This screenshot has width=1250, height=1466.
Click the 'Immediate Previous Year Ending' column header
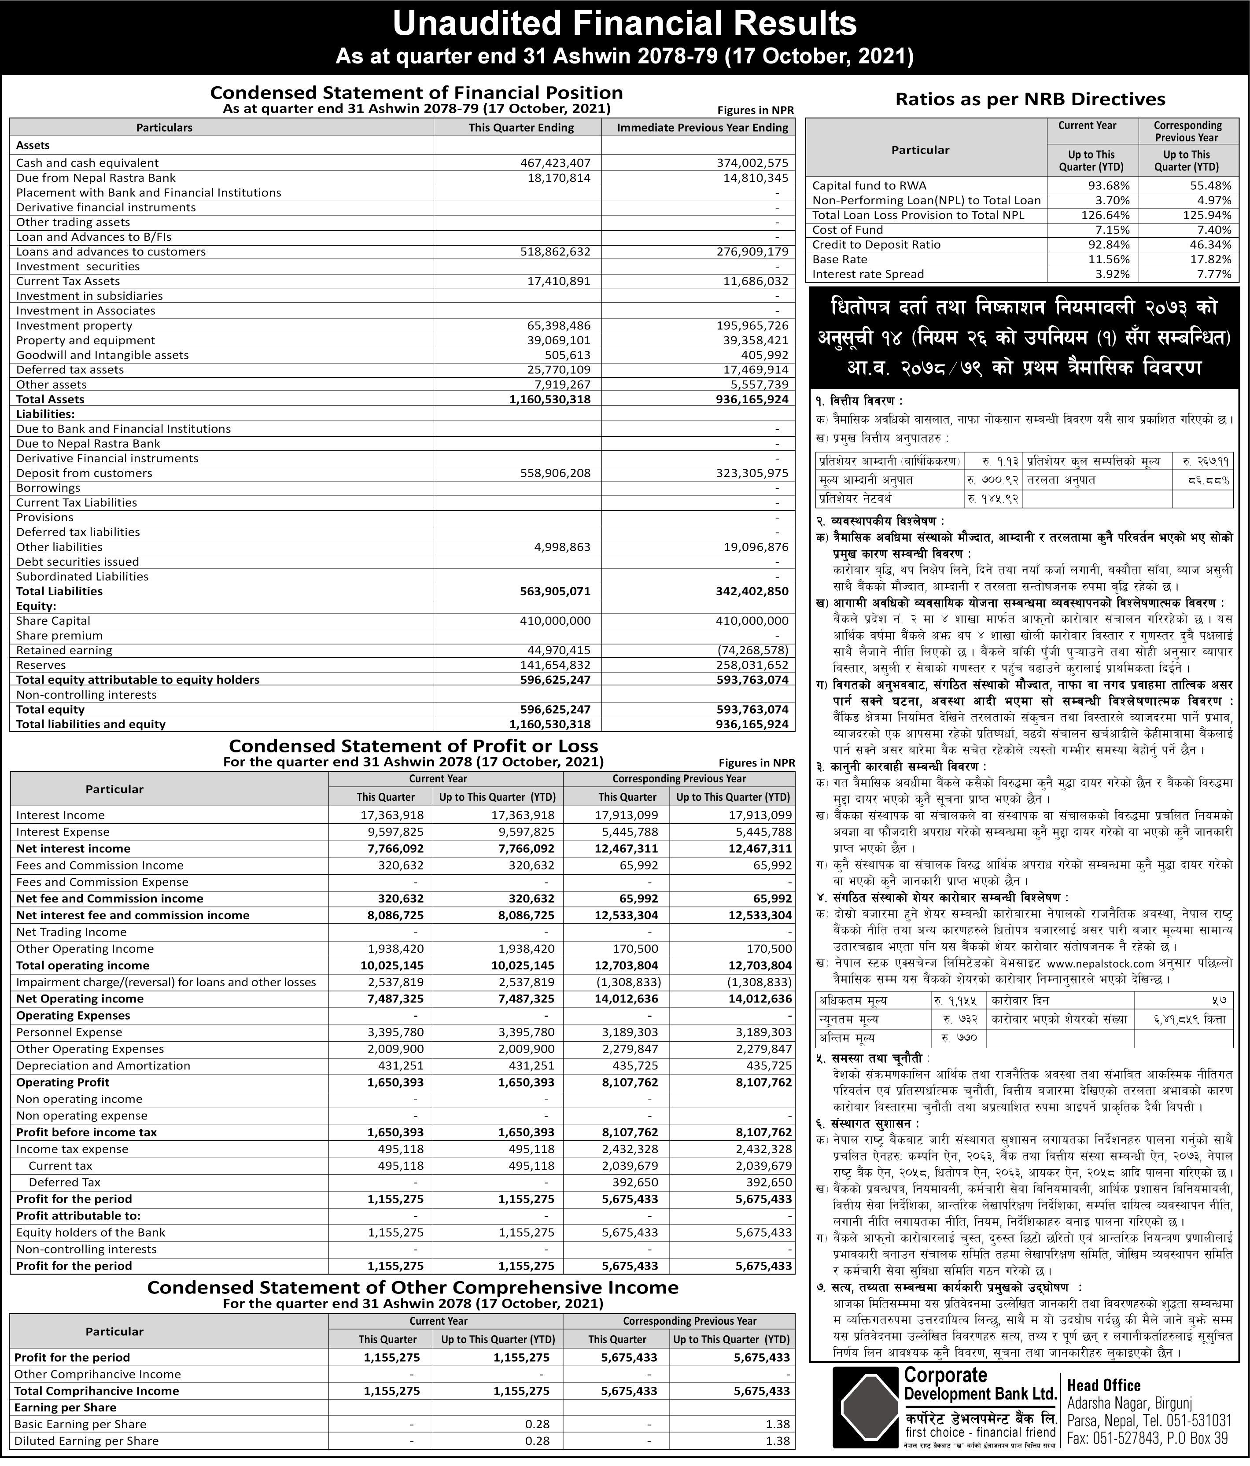[x=702, y=127]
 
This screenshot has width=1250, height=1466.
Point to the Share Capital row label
[x=53, y=620]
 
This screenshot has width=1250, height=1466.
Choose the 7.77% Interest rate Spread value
[x=1213, y=274]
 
